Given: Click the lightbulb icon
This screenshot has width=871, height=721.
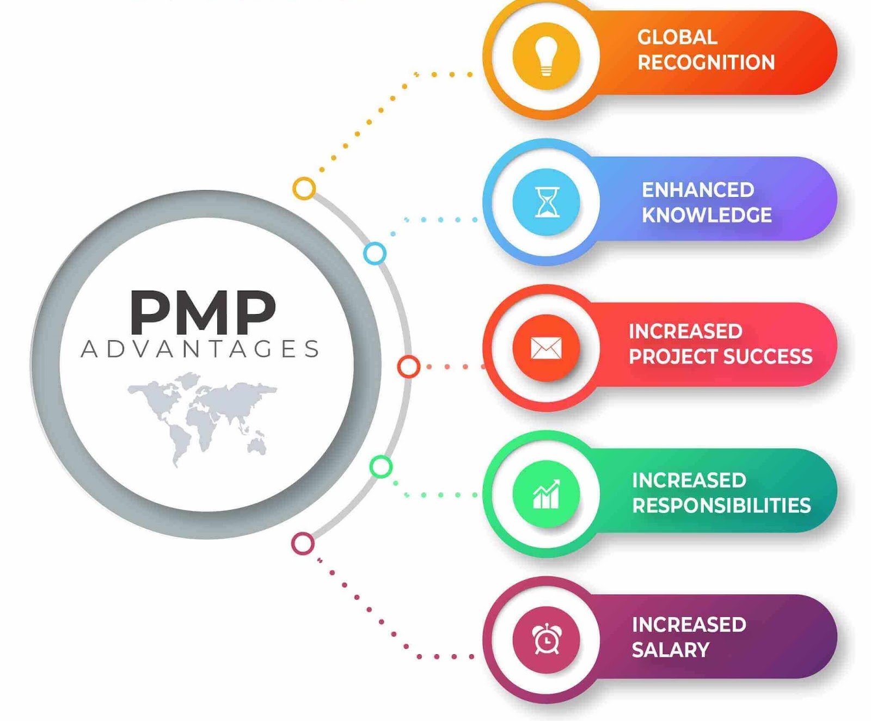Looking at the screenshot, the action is pyautogui.click(x=546, y=56).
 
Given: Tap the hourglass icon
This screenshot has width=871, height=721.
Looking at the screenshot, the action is pyautogui.click(x=547, y=202).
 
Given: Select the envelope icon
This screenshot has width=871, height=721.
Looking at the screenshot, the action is pyautogui.click(x=546, y=348).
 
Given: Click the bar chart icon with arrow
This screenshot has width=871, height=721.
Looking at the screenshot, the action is pyautogui.click(x=546, y=494).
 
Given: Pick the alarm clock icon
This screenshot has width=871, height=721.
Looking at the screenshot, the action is pyautogui.click(x=546, y=639).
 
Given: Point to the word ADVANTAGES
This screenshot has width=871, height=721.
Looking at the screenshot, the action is pyautogui.click(x=200, y=349).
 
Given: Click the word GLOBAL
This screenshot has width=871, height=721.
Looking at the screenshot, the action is pyautogui.click(x=677, y=37).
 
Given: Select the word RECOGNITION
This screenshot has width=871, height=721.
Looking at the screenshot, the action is pyautogui.click(x=706, y=63).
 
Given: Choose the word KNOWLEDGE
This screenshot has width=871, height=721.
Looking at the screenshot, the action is pyautogui.click(x=707, y=215).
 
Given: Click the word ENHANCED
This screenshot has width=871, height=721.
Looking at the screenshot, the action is pyautogui.click(x=698, y=190).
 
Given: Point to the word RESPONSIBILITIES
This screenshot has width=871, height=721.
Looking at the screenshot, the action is pyautogui.click(x=721, y=506).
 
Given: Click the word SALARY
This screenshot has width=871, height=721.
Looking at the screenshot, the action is pyautogui.click(x=671, y=650).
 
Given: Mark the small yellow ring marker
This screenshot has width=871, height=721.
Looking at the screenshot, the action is pyautogui.click(x=304, y=188).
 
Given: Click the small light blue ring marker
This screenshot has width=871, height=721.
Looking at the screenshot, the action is pyautogui.click(x=375, y=254).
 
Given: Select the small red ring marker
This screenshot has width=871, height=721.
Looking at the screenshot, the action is pyautogui.click(x=408, y=367).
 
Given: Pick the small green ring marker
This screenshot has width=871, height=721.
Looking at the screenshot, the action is pyautogui.click(x=381, y=466).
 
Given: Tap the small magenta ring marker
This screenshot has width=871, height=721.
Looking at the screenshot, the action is pyautogui.click(x=303, y=543).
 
